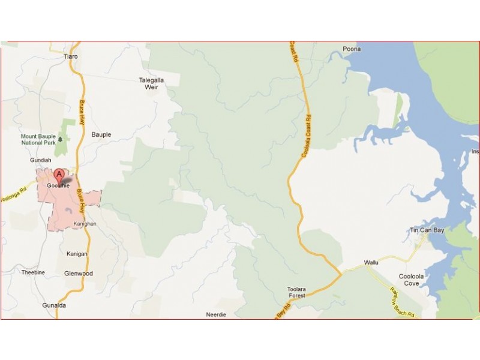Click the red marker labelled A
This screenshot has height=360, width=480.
click(59, 176)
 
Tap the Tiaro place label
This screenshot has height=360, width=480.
click(71, 56)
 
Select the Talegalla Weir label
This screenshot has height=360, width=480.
click(151, 83)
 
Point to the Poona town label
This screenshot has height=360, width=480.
click(351, 49)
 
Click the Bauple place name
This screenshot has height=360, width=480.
click(101, 135)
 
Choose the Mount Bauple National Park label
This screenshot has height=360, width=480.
click(38, 140)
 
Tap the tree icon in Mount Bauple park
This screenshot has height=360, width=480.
click(60, 140)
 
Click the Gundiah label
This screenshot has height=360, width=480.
click(41, 161)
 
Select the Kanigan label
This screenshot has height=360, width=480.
click(77, 254)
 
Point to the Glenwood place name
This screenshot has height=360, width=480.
click(78, 274)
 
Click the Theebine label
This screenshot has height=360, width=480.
click(33, 272)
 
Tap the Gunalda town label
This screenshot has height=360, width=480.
click(54, 305)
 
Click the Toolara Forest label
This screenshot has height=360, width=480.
click(296, 292)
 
